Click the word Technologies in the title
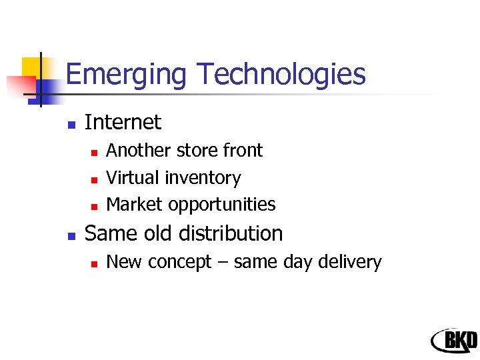point(279,74)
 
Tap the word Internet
point(123,122)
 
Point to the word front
point(243,151)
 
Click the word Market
point(135,204)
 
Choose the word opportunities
point(222,205)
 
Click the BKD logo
point(454,341)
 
